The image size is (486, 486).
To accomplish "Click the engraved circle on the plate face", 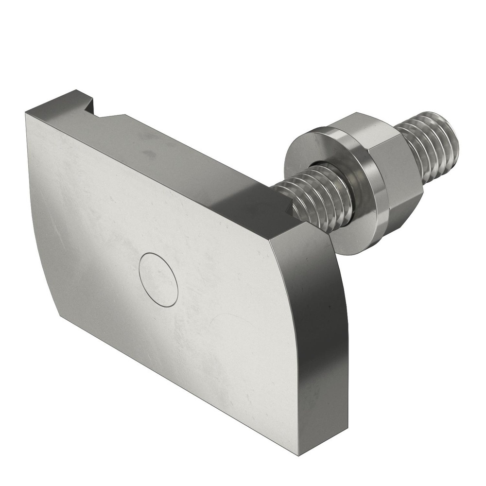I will click(x=158, y=280).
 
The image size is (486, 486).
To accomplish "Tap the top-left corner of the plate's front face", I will click(x=27, y=113).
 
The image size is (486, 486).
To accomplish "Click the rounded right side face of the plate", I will click(x=321, y=330).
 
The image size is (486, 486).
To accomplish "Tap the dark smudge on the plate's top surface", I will click(x=149, y=154).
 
